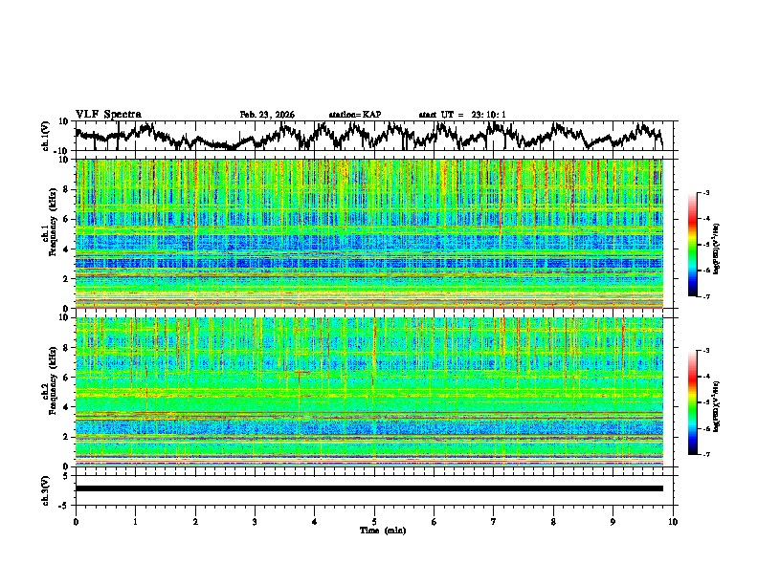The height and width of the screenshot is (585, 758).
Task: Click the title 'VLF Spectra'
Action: click(108, 114)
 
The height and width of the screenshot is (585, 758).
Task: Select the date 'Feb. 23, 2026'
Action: click(267, 115)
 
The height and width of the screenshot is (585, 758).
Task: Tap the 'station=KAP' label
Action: click(354, 115)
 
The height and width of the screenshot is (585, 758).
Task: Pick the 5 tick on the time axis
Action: click(374, 521)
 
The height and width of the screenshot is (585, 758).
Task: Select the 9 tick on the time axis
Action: click(613, 521)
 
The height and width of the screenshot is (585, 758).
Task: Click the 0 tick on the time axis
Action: click(76, 521)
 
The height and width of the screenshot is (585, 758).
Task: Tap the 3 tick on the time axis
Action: click(255, 521)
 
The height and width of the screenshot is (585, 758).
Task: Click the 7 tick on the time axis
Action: click(494, 521)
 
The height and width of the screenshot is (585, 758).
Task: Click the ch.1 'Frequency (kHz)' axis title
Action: click(55, 233)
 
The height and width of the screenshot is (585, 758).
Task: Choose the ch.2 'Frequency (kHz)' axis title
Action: click(55, 391)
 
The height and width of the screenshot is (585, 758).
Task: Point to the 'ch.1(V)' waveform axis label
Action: click(46, 136)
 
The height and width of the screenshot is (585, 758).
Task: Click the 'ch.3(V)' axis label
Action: click(46, 488)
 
